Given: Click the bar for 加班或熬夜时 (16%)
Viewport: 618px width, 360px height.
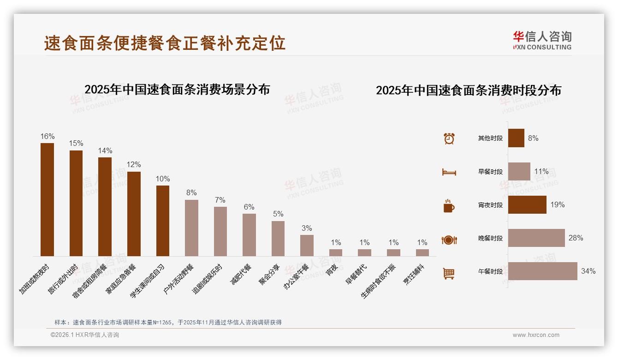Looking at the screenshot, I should click(47, 199).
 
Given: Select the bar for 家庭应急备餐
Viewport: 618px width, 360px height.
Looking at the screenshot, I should click(134, 214).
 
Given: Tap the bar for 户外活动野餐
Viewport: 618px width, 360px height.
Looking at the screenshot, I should click(191, 228).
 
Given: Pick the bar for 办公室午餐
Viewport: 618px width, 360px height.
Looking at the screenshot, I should click(307, 245).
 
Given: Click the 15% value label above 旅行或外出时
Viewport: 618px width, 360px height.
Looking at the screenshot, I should click(76, 144).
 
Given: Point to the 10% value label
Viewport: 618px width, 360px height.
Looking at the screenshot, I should click(163, 179).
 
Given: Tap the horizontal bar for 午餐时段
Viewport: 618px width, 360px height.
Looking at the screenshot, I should click(542, 271).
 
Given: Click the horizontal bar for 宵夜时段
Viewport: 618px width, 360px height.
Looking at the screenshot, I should click(527, 205).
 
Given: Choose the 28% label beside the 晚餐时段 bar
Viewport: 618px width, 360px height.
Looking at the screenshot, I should click(576, 238).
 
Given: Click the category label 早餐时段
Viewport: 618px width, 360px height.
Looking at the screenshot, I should click(490, 172).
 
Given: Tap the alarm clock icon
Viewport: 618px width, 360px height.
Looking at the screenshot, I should click(449, 138).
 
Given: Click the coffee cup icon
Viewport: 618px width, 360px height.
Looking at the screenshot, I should click(449, 206).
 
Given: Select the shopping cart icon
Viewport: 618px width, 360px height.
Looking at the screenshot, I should click(449, 274).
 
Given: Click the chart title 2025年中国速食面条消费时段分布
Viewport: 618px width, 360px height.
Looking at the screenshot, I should click(468, 90).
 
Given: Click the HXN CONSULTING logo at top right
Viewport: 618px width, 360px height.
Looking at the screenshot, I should click(542, 41).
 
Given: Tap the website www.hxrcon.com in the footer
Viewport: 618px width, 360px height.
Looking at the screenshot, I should click(536, 335).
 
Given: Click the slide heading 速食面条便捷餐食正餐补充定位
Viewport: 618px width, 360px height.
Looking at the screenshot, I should click(165, 43).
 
